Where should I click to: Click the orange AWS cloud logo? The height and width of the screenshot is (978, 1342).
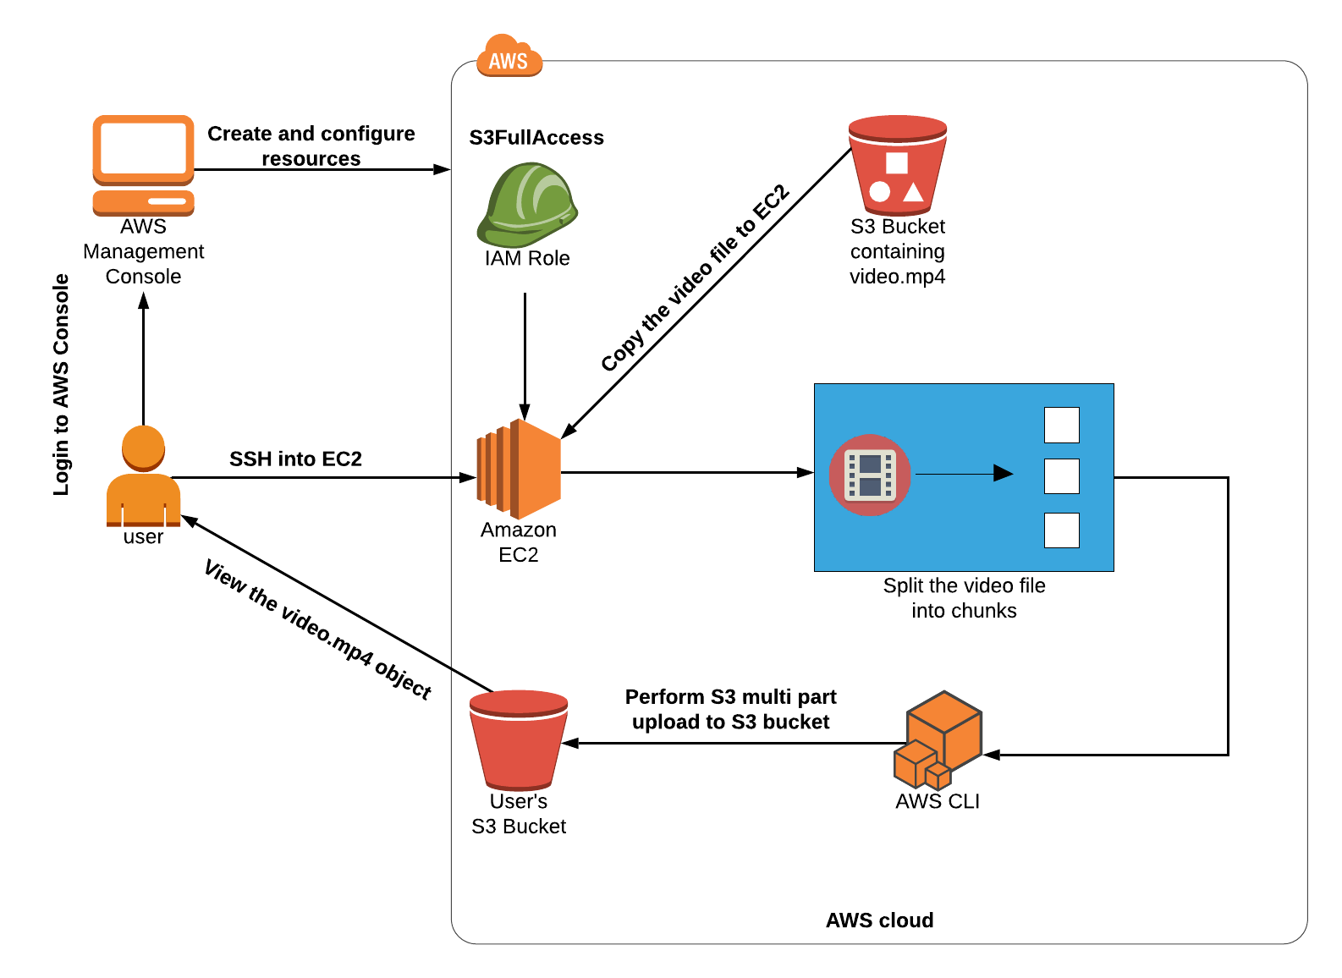(x=509, y=57)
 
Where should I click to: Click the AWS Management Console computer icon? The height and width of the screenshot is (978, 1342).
(x=143, y=164)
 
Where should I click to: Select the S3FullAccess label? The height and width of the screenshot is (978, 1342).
(x=536, y=137)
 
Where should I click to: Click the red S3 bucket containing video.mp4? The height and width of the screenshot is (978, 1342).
(x=897, y=164)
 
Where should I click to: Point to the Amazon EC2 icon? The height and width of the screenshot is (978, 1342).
(x=519, y=470)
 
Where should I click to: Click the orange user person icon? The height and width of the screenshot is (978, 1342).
(x=143, y=475)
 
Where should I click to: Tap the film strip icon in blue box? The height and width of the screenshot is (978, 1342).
(x=870, y=475)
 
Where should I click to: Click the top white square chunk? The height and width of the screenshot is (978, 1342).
(x=1061, y=425)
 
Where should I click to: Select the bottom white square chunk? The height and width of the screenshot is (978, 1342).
(x=1061, y=530)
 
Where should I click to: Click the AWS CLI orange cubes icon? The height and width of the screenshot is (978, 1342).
(x=938, y=739)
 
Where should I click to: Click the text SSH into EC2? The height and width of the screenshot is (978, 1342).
(x=295, y=459)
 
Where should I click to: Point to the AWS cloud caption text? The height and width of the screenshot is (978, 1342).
(x=879, y=920)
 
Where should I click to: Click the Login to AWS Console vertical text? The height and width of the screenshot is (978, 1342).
(x=61, y=385)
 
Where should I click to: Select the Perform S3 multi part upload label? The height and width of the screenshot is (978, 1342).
(x=730, y=709)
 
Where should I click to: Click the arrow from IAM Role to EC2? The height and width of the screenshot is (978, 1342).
(x=525, y=355)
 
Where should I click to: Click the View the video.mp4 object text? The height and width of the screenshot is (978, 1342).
(x=318, y=629)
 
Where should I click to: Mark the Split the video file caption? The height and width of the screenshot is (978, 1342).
(x=964, y=597)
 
